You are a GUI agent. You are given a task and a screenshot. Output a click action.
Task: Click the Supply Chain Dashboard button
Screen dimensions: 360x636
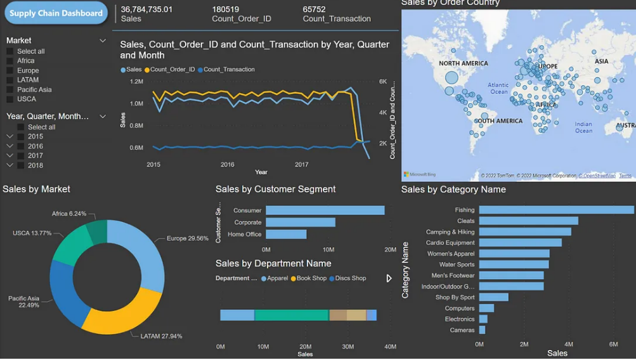56,13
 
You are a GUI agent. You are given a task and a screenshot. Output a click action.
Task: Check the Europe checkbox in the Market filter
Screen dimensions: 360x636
10,70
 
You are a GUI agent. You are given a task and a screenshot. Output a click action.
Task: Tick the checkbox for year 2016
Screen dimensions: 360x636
21,146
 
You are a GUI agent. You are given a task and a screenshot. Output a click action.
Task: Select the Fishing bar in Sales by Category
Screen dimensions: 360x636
556,210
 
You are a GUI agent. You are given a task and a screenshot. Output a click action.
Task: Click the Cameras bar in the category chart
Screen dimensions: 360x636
482,330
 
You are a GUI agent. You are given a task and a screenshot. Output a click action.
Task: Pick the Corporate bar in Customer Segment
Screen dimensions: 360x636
300,222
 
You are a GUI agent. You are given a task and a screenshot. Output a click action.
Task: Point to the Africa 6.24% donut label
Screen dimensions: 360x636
69,214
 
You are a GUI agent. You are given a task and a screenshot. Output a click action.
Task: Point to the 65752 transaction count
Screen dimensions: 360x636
315,10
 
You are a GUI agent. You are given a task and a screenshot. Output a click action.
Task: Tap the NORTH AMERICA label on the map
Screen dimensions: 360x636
464,63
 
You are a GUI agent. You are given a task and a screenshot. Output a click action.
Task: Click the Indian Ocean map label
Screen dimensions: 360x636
583,127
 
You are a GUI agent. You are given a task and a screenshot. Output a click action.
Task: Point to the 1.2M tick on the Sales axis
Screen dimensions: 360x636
136,82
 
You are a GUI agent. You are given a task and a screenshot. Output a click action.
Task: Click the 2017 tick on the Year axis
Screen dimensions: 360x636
302,165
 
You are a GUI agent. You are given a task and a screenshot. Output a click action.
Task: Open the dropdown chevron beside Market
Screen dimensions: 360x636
103,41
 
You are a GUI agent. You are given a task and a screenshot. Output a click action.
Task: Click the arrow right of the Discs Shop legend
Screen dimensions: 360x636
389,278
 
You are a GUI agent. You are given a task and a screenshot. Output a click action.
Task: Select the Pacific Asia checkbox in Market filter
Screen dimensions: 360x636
10,89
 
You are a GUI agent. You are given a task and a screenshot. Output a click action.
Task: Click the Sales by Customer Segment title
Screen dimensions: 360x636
275,189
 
